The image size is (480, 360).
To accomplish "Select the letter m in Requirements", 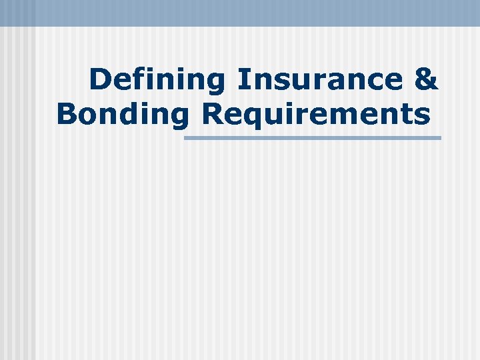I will [344, 115].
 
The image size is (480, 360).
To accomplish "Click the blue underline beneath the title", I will [312, 138].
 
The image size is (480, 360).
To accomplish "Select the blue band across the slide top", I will [240, 13].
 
